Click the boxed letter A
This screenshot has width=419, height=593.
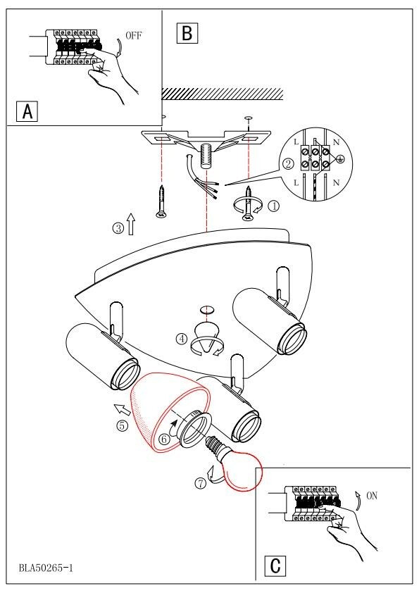coord(27,111)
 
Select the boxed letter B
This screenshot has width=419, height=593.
coord(187,33)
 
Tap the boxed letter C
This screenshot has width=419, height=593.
coord(275,566)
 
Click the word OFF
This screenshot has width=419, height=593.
coord(134,35)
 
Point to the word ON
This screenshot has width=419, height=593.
coord(372,496)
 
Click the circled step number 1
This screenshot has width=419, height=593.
coord(274,206)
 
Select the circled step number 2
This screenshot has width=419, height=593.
coord(288,164)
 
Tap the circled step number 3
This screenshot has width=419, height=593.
coord(118,228)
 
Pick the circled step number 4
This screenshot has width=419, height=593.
coord(182,339)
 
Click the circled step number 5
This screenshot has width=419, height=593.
coord(122,425)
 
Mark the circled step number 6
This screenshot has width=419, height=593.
coord(164,439)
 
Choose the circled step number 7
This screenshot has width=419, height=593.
coord(201,483)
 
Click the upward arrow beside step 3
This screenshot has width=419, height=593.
coord(131,223)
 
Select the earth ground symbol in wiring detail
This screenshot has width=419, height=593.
coord(340,160)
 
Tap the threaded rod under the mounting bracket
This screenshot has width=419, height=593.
coord(206,156)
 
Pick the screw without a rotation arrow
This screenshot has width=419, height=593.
coord(161,201)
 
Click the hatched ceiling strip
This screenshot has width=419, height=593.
coord(223,94)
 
